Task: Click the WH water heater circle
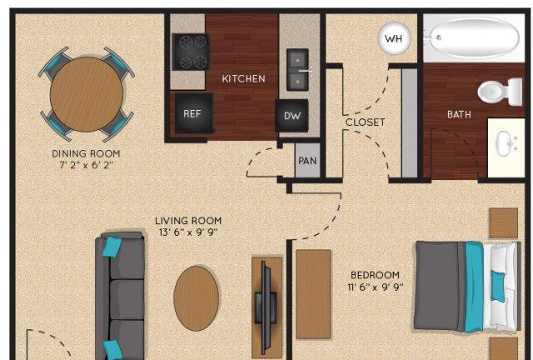[x=394, y=38]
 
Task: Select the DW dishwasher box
[x=292, y=115]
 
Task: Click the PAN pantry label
[x=307, y=161]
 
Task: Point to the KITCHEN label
[x=243, y=79]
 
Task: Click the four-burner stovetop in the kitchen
[x=191, y=52]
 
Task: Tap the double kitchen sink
[x=298, y=70]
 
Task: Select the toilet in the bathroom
[x=500, y=92]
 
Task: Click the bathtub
[x=474, y=37]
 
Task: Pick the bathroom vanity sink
[x=506, y=143]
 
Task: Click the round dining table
[x=87, y=94]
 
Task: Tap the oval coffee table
[x=197, y=298]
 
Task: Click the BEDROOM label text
[x=376, y=275]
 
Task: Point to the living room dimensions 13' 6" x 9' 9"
[x=188, y=232]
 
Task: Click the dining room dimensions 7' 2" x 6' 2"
[x=87, y=165]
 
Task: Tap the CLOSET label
[x=366, y=122]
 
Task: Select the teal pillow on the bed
[x=498, y=287]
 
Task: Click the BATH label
[x=459, y=114]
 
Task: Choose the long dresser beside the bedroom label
[x=313, y=294]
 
